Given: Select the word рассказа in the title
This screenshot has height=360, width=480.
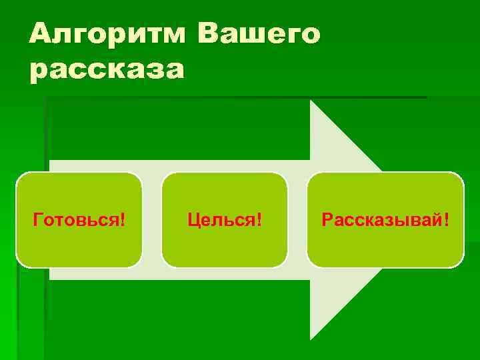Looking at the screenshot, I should (106, 69).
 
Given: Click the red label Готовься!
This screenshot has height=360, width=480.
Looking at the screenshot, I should (79, 220).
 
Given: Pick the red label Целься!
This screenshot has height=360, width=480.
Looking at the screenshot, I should (224, 220).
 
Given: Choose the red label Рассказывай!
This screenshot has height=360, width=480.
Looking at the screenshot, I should (385, 220).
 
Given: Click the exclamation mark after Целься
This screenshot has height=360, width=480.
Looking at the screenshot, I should (259, 220).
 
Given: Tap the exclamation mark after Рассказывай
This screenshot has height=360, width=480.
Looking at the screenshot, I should (445, 220).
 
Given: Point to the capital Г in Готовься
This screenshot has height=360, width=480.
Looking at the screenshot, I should (38, 220).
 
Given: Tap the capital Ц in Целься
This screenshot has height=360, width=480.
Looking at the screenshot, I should (193, 220).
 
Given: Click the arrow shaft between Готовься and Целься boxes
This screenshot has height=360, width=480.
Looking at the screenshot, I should (152, 220).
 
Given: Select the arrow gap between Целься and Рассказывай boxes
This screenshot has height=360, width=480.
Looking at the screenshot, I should (297, 220).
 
